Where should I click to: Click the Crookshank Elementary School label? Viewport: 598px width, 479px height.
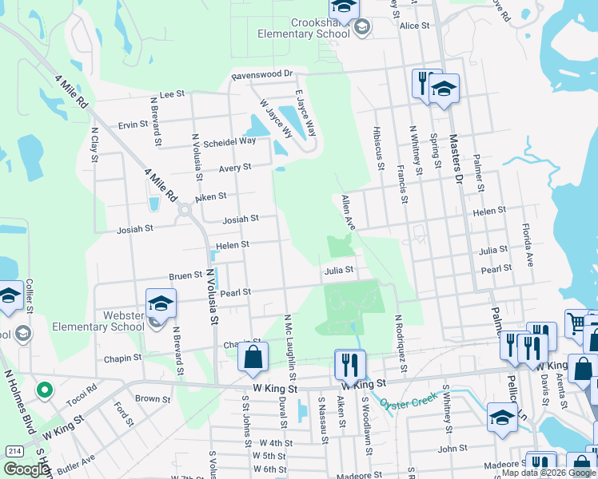point(303,26)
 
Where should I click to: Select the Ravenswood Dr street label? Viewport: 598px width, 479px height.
point(263,74)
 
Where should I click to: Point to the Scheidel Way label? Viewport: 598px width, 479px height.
point(229,141)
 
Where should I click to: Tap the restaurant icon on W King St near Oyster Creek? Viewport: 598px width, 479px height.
point(349,365)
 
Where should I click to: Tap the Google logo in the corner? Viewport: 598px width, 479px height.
point(26,469)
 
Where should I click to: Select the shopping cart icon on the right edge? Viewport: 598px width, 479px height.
point(576,323)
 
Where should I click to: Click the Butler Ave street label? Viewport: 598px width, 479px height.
point(76,462)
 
